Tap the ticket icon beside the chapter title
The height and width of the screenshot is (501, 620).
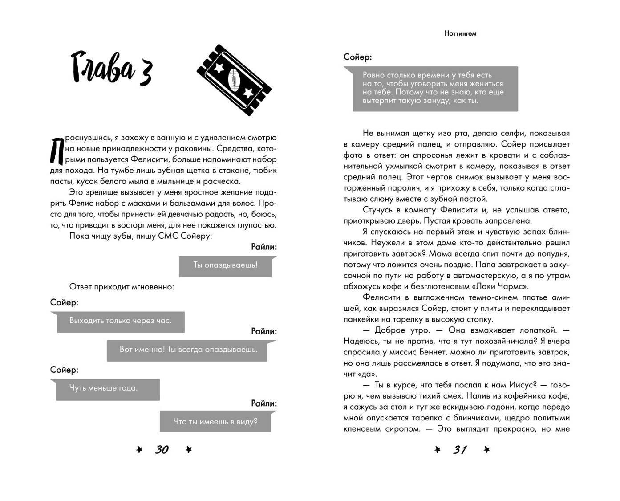[234, 80]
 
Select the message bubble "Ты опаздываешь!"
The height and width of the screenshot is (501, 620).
[225, 265]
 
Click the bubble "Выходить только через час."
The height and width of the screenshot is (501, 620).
[120, 321]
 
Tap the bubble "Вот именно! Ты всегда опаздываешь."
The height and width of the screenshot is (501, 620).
[189, 350]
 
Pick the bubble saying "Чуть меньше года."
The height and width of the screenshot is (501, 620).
[107, 389]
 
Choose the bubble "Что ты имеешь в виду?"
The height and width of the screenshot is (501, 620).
[215, 421]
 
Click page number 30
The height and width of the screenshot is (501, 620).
[162, 450]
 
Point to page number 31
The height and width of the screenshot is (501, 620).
[460, 450]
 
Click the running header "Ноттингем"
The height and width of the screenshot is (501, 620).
[460, 33]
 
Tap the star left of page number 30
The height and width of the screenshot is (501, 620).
[139, 450]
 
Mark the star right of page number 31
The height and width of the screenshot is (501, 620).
[486, 450]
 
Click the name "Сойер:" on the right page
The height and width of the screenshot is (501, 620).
[357, 57]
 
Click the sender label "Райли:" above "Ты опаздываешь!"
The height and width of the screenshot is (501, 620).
[263, 247]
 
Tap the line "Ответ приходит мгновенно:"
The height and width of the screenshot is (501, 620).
[122, 287]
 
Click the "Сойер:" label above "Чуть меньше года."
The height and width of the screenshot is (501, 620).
[64, 370]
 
